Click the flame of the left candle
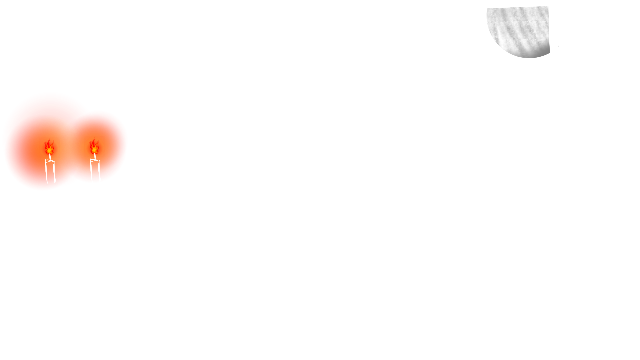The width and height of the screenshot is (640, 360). coord(49,147)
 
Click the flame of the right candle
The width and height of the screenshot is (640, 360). coord(94,147)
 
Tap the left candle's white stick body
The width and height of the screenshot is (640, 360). coord(51,172)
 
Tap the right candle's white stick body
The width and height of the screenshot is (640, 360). coord(95,171)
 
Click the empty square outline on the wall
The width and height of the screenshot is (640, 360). coord(145,46)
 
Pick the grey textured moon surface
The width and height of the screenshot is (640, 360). coord(520,32)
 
